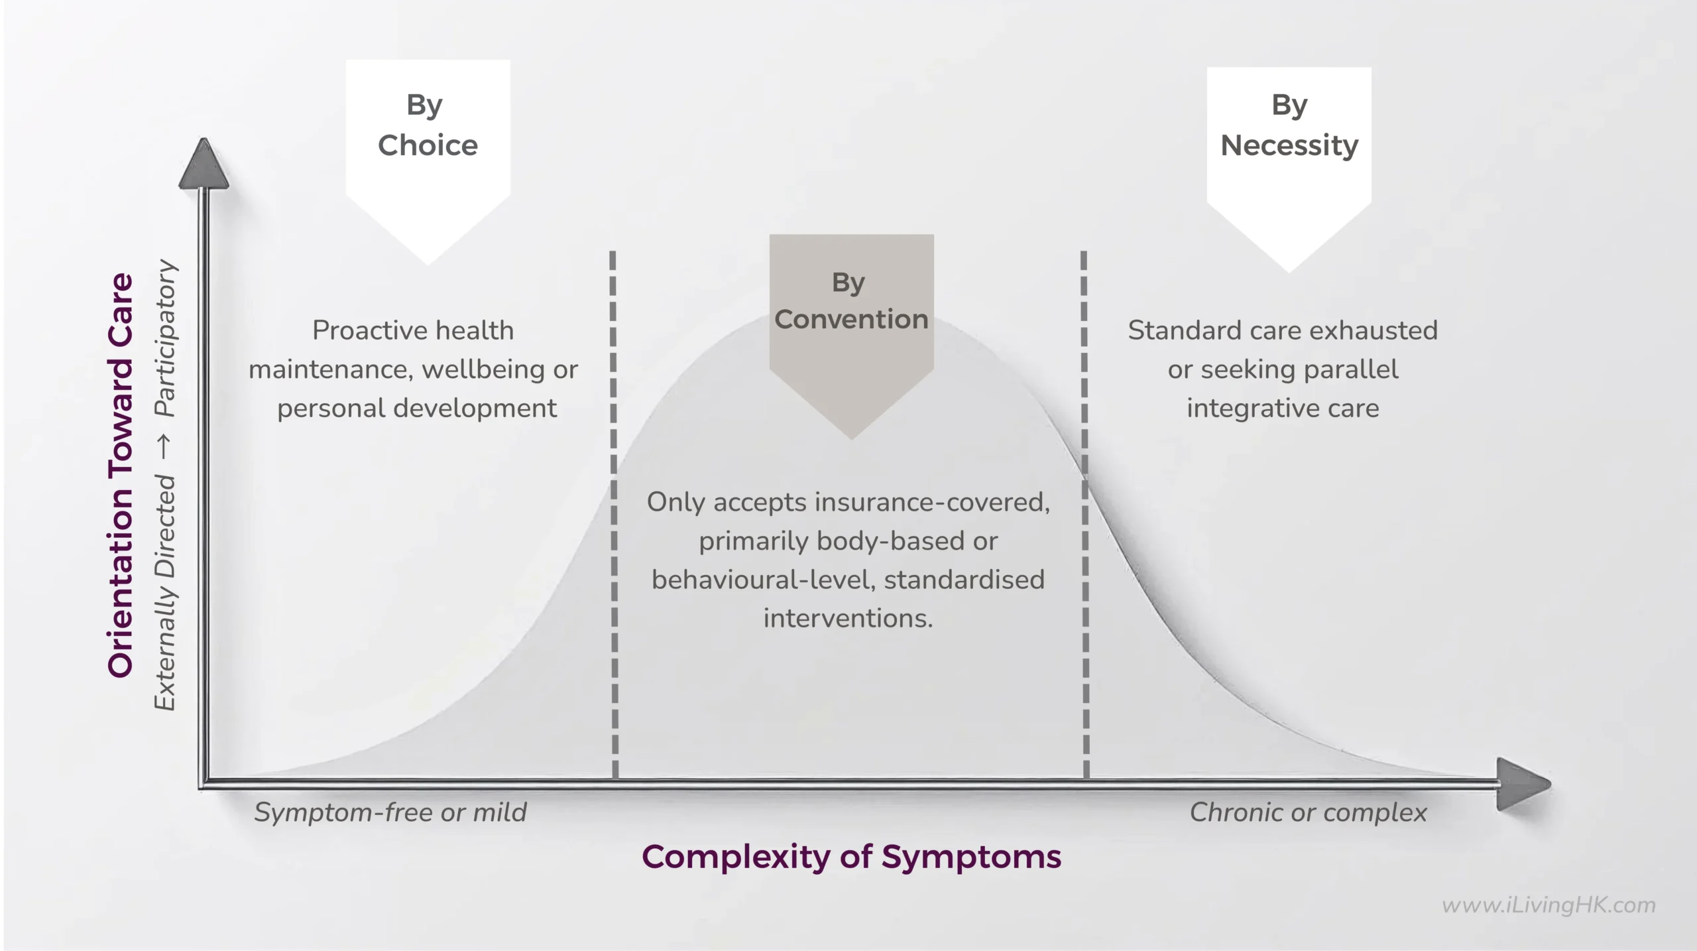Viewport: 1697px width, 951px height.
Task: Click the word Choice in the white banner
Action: point(428,145)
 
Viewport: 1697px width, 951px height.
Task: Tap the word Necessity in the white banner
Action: point(1289,145)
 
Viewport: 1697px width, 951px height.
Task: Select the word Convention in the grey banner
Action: point(851,320)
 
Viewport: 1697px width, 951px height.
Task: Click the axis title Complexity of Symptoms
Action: point(851,857)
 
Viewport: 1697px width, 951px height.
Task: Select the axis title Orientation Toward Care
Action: point(121,475)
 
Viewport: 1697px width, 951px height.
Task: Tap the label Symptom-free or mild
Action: point(390,812)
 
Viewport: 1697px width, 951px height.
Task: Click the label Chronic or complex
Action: point(1308,812)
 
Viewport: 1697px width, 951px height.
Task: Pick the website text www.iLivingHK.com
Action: point(1549,905)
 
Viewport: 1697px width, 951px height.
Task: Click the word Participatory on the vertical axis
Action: point(166,338)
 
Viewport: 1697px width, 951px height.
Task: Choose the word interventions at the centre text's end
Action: point(847,619)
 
